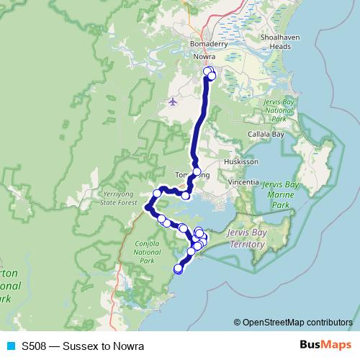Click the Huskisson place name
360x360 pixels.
[240, 162]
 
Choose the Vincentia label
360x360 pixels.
[243, 183]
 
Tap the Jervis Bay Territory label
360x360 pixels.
[246, 240]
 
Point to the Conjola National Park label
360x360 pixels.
[146, 251]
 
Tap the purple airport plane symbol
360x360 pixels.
[172, 102]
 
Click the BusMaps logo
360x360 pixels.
[326, 345]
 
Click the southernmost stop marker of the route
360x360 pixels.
[179, 269]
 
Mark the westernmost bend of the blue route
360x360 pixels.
[148, 207]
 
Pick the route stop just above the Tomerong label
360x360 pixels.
[197, 171]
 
